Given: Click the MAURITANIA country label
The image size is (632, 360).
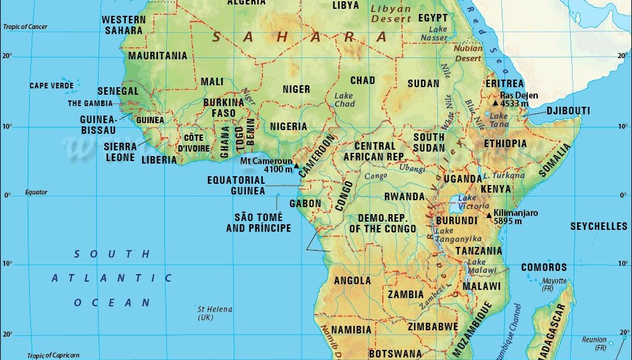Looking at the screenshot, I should pyautogui.click(x=157, y=56).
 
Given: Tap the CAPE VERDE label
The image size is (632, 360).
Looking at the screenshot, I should pyautogui.click(x=51, y=85).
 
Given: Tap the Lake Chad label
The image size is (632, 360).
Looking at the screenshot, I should pyautogui.click(x=344, y=100).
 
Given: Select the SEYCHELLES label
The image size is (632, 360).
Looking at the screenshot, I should pyautogui.click(x=598, y=226).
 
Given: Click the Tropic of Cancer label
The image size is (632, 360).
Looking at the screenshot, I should pyautogui.click(x=25, y=27).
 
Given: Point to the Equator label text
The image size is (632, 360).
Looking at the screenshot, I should pyautogui.click(x=36, y=192).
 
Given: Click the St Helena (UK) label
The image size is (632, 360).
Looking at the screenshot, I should pyautogui.click(x=215, y=313).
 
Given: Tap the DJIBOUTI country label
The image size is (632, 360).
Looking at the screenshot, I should pyautogui.click(x=568, y=111).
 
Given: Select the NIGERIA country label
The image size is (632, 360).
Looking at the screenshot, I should pyautogui.click(x=288, y=126).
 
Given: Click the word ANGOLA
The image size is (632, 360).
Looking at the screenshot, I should pyautogui.click(x=352, y=280).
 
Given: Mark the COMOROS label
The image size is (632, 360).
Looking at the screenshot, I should pyautogui.click(x=544, y=267).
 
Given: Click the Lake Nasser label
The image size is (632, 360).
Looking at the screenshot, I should pyautogui.click(x=437, y=33).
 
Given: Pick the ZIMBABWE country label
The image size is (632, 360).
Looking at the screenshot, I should pyautogui.click(x=432, y=327).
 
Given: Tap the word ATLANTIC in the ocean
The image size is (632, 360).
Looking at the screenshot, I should pyautogui.click(x=112, y=278).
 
